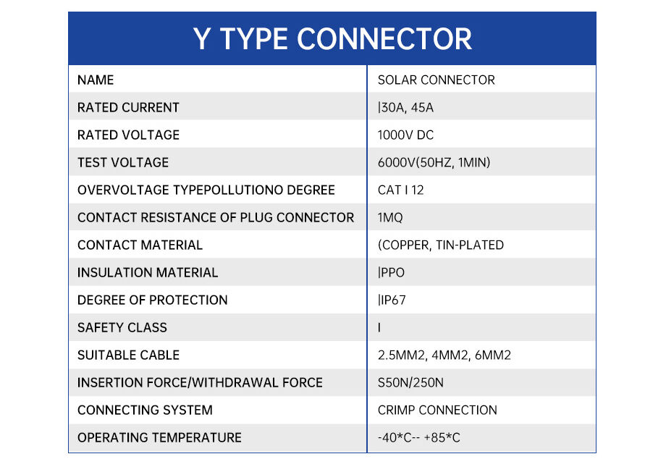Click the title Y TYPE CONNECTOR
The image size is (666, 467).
tap(332, 38)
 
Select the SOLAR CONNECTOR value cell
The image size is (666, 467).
tap(436, 80)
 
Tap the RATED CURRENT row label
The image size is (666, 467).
tap(128, 107)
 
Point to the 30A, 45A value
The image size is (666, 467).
tap(406, 107)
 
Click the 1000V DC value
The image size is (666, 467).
tap(405, 135)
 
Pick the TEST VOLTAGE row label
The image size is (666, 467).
tap(123, 162)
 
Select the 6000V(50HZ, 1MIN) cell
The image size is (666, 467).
tap(434, 162)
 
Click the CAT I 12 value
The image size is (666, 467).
tap(400, 190)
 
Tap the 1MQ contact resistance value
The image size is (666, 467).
tap(390, 217)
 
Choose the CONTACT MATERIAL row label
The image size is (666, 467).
tap(140, 245)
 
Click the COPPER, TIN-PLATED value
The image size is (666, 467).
tap(440, 245)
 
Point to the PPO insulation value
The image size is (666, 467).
tap(392, 272)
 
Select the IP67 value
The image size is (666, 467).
tap(392, 300)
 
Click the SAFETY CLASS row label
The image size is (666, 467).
tap(122, 327)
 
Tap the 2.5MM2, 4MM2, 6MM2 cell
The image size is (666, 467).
tap(444, 355)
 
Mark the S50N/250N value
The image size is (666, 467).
tap(410, 382)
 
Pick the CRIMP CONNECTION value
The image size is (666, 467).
tap(437, 410)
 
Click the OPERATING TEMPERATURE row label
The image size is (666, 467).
tap(159, 437)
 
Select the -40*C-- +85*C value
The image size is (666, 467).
tap(419, 437)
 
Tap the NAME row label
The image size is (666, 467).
tap(96, 80)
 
